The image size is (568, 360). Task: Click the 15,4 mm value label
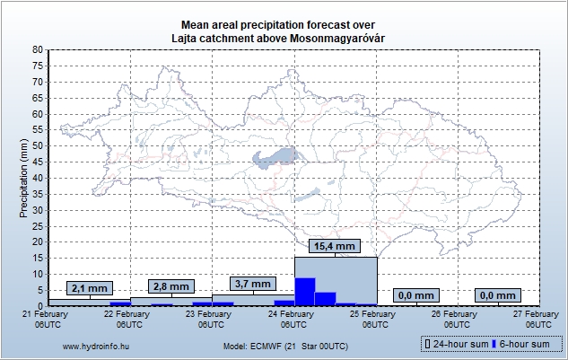[x=335, y=245]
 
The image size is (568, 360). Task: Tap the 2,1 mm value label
[x=90, y=287]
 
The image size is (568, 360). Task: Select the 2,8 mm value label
[x=171, y=286]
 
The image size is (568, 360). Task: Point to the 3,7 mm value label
[x=253, y=283]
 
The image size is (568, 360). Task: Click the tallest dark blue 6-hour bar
[x=305, y=292]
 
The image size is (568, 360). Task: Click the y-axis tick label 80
[x=37, y=49]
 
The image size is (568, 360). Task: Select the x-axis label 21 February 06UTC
[x=45, y=319]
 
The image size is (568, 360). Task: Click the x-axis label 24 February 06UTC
[x=292, y=319]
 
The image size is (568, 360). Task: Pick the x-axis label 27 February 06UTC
[x=537, y=319]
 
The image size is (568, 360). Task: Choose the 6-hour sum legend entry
[x=526, y=344]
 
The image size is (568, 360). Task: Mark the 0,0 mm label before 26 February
[x=416, y=294]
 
